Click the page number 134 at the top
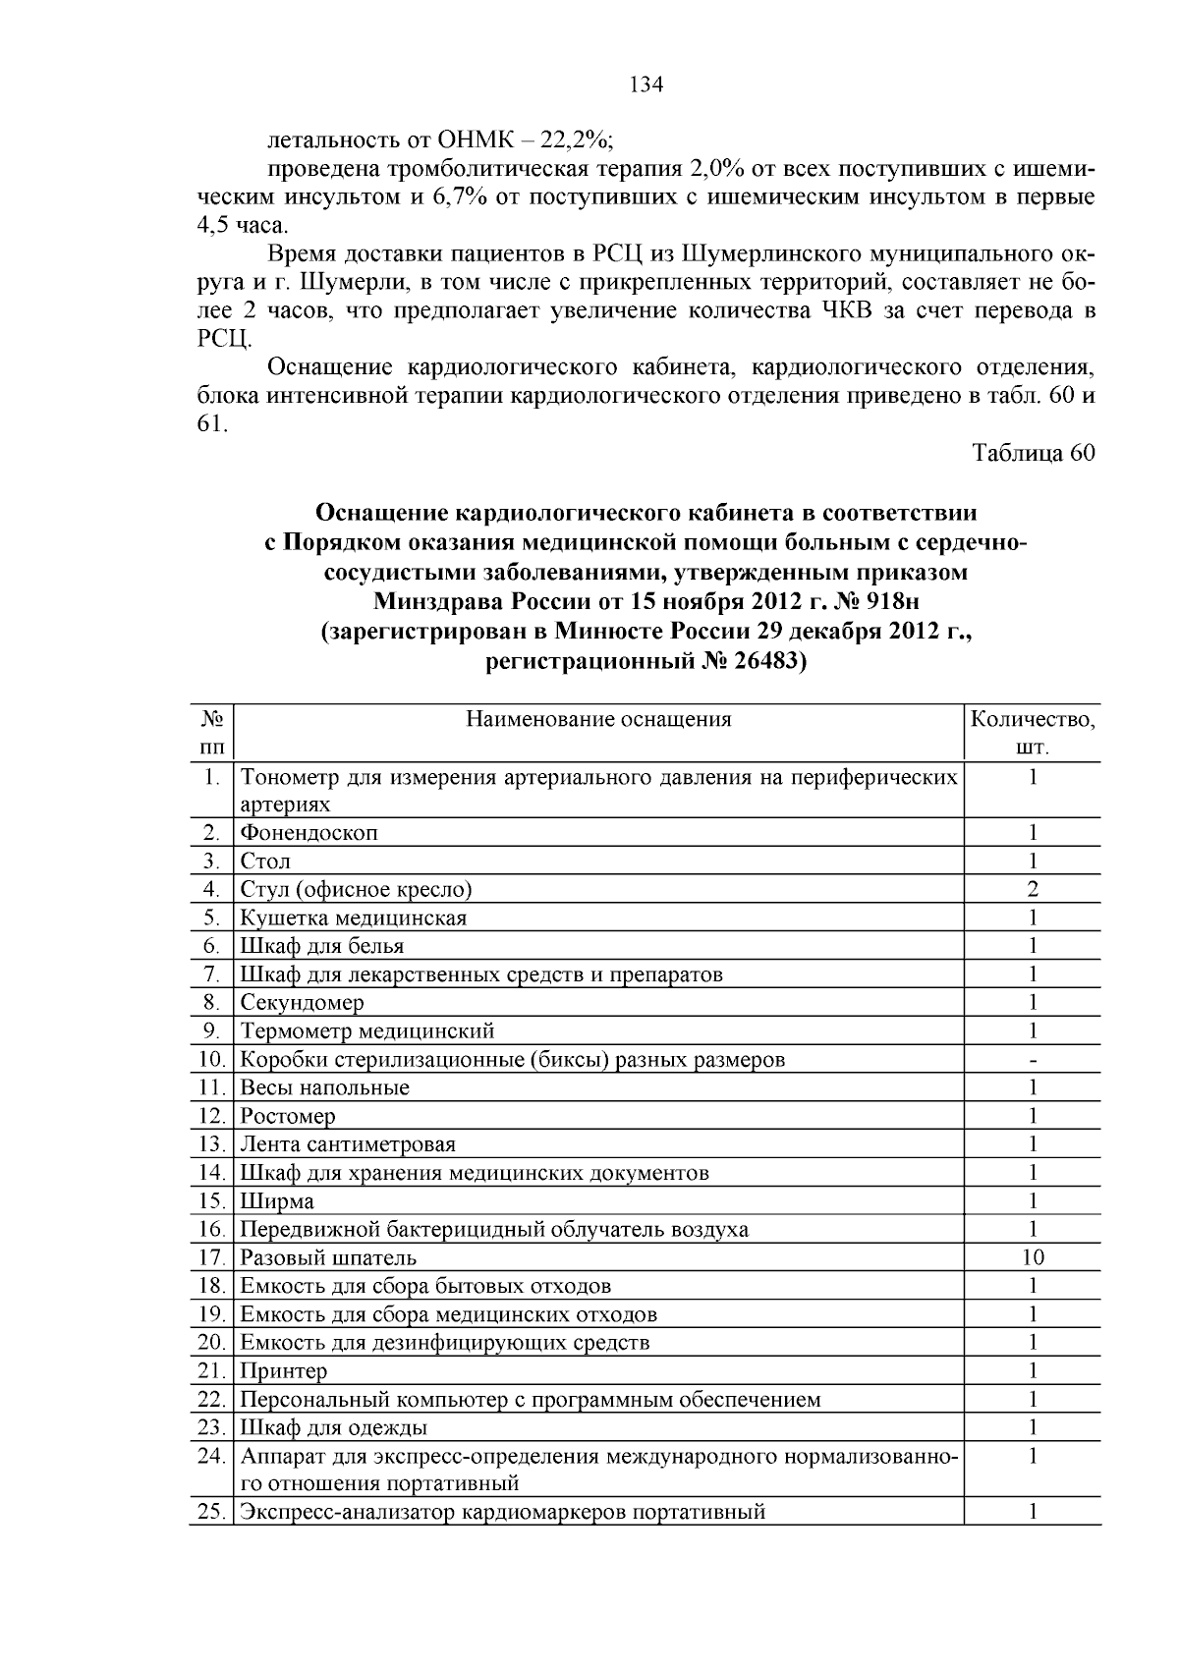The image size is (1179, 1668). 646,84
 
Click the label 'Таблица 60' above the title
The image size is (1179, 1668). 1032,453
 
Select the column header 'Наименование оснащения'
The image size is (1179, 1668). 598,719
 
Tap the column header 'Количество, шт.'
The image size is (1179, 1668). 1032,733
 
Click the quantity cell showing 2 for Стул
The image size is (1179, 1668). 1033,890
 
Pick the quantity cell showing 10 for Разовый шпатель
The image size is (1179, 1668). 1033,1257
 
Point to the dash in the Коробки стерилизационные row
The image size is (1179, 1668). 1033,1060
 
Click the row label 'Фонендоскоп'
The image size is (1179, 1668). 309,833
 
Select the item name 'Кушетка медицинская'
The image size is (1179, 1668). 353,918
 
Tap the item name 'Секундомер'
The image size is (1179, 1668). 302,1003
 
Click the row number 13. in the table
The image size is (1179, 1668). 212,1144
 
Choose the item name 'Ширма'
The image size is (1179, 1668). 277,1201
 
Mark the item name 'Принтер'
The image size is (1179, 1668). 284,1371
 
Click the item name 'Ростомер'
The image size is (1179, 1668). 287,1117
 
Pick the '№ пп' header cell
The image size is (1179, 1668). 211,733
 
